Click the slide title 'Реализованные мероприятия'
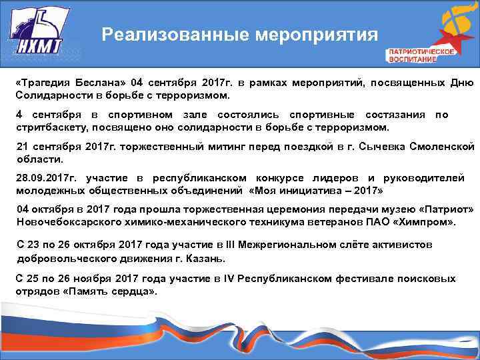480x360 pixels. pyautogui.click(x=239, y=35)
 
